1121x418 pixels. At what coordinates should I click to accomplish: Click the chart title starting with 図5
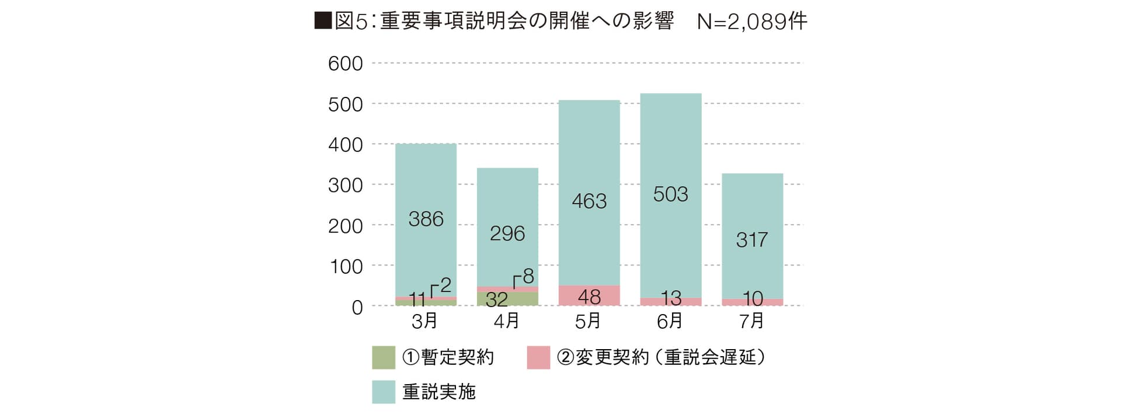(x=493, y=22)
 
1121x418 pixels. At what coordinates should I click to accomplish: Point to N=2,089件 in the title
(x=752, y=22)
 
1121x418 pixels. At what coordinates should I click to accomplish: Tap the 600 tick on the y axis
(x=345, y=64)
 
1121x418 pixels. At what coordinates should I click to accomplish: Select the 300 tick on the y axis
(x=345, y=186)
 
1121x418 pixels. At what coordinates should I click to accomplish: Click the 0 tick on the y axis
(x=357, y=308)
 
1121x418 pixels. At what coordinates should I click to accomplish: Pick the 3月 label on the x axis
(x=424, y=321)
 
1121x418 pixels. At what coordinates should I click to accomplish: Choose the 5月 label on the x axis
(x=588, y=321)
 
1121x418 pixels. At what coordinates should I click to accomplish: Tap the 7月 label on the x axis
(x=751, y=321)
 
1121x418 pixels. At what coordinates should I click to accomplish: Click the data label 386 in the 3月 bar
(x=426, y=219)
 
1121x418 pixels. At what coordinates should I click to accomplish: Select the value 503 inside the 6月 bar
(x=670, y=194)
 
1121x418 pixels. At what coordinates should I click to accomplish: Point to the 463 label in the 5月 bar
(x=589, y=201)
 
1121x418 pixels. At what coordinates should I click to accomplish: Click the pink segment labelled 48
(x=589, y=296)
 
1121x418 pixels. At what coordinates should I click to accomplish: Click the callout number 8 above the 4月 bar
(x=528, y=276)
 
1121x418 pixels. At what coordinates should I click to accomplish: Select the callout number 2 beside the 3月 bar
(x=445, y=285)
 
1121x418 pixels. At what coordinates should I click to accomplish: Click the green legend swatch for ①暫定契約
(x=384, y=357)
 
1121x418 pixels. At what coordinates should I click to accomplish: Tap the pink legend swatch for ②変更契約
(x=538, y=357)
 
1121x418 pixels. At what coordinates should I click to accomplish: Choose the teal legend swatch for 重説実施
(x=384, y=392)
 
